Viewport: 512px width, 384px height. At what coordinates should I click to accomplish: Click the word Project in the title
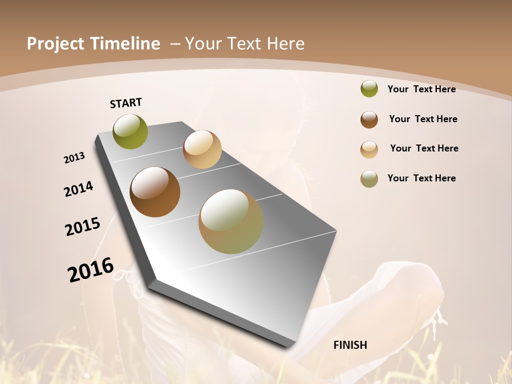(x=55, y=44)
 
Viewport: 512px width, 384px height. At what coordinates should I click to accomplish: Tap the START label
(x=126, y=103)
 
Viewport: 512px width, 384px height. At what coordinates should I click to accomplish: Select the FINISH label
(x=350, y=345)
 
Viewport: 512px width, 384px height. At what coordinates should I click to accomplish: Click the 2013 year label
(x=74, y=158)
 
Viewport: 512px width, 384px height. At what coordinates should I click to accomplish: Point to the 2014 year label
(x=78, y=189)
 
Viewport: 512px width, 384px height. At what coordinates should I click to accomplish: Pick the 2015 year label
(x=83, y=227)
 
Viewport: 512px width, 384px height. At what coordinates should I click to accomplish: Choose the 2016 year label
(x=91, y=270)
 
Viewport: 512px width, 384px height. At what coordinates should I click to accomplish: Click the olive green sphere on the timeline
(x=131, y=131)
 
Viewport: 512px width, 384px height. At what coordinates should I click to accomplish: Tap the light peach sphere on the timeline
(x=202, y=149)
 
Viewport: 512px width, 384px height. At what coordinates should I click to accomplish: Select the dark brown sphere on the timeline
(x=155, y=192)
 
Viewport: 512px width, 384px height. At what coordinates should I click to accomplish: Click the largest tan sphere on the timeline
(x=231, y=221)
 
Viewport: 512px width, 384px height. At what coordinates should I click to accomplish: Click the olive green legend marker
(x=369, y=89)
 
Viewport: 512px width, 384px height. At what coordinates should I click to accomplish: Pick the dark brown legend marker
(x=369, y=119)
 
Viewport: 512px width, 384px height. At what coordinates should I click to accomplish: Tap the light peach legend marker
(x=369, y=149)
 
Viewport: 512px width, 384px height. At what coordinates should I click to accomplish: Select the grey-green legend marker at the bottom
(x=369, y=179)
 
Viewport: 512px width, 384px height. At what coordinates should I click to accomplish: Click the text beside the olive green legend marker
(x=421, y=89)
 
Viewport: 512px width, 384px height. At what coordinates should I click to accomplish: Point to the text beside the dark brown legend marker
(x=423, y=119)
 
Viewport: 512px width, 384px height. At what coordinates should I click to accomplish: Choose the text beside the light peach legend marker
(x=424, y=148)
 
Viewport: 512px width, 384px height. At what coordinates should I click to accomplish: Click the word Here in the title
(x=285, y=44)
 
